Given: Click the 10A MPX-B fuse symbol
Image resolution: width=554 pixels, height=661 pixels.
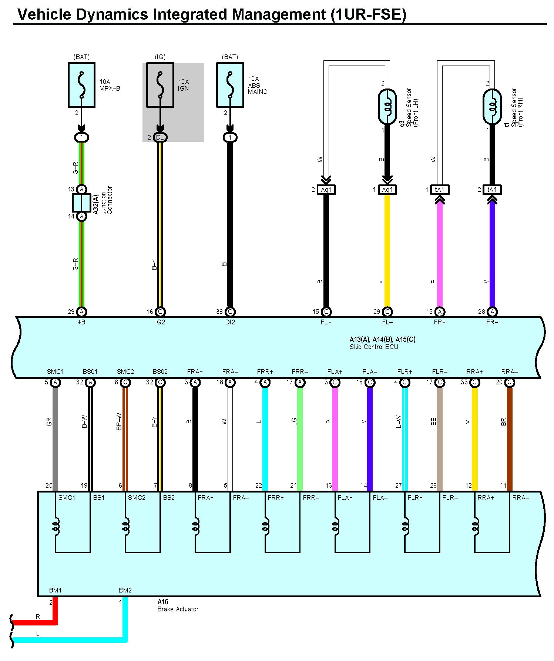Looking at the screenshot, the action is [x=81, y=85].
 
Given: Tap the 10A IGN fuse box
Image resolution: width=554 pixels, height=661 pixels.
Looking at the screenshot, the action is [x=160, y=85].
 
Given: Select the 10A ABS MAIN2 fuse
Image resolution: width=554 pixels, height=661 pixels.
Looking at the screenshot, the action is [x=230, y=85].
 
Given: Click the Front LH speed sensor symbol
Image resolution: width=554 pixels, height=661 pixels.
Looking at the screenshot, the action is [x=387, y=107].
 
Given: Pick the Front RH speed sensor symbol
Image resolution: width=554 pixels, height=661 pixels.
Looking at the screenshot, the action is [x=492, y=107].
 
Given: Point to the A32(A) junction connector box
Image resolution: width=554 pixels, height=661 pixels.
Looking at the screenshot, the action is [x=81, y=203].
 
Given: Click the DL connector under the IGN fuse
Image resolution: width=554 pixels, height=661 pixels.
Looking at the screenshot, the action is [x=160, y=137].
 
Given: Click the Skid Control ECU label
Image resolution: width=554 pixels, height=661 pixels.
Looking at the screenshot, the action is [x=374, y=347].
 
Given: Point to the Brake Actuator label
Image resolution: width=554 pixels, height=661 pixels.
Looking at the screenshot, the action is [x=178, y=609].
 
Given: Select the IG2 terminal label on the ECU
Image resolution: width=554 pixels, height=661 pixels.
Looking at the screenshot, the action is [x=160, y=322].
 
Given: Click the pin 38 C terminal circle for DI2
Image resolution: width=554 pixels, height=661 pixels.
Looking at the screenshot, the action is [x=230, y=312].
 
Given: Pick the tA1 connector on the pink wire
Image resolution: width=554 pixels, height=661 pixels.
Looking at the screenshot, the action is [x=440, y=190].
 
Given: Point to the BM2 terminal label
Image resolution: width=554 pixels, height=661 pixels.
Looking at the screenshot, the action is [x=125, y=590].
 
